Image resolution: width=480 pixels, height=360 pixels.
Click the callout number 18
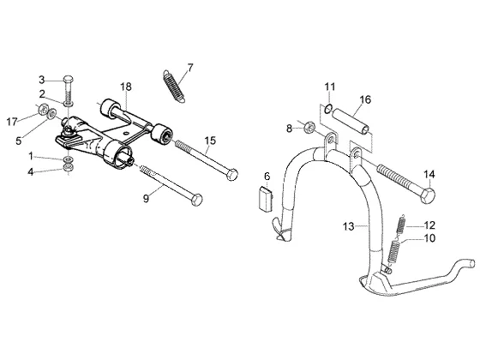126,87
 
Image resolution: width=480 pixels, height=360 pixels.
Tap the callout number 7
190,68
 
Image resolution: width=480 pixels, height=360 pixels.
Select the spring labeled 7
173,87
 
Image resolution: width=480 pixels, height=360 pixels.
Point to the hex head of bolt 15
232,175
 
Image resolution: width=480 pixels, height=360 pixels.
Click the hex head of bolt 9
196,200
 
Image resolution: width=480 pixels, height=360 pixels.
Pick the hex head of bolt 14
428,196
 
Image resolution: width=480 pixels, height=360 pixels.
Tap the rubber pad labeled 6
266,199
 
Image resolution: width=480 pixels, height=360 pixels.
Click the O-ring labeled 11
328,108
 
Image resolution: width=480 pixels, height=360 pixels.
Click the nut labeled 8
309,127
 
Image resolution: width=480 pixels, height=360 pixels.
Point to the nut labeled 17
43,108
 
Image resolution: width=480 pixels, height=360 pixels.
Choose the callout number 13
348,227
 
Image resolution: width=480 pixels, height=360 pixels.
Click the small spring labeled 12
401,225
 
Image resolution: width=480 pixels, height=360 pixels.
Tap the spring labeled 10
394,252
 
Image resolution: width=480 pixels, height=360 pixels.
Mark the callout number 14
429,175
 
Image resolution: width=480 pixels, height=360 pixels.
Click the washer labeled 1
69,159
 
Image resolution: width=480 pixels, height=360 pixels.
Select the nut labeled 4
69,167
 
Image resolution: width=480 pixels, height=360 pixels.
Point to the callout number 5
19,141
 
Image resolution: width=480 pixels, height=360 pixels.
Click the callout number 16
365,99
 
